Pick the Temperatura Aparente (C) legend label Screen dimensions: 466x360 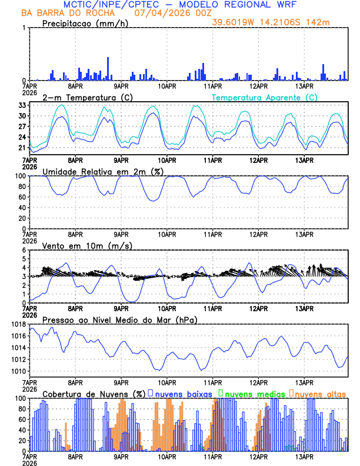coord(264,97)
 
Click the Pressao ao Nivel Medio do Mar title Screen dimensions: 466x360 coord(119,319)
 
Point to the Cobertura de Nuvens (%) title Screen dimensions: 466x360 coord(94,393)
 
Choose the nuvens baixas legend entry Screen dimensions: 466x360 coord(183,393)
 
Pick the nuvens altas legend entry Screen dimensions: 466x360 coord(320,393)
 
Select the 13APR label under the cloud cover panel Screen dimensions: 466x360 coord(304,457)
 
